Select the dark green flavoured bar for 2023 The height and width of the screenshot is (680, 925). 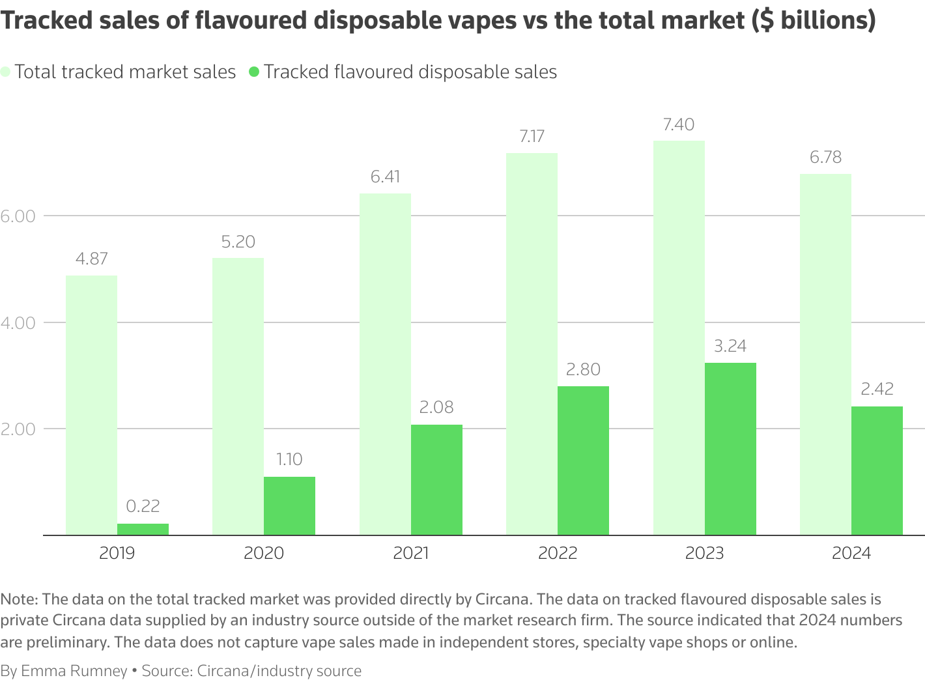coord(730,449)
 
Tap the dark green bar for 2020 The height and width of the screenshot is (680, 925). coord(289,506)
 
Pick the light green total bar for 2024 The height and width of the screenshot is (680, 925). coord(825,354)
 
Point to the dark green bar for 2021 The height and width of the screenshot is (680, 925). coord(436,480)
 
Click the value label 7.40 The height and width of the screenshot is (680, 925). coord(678,124)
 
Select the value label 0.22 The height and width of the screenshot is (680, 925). coord(143,506)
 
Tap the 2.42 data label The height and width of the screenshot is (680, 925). coord(877,389)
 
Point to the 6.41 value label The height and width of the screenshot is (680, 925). coord(385,177)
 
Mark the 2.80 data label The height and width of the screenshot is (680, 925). coord(583,369)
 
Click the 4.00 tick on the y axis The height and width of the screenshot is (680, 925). coord(18,322)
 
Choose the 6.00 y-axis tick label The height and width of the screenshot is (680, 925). coord(18,216)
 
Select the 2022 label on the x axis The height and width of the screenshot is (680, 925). coord(558,553)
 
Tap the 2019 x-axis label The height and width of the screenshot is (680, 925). coord(117,553)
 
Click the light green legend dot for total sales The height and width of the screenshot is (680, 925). coord(6,72)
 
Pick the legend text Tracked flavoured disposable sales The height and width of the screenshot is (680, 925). coord(410,72)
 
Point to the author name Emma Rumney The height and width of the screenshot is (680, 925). coord(74,671)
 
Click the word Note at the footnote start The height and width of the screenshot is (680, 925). coord(19,599)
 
